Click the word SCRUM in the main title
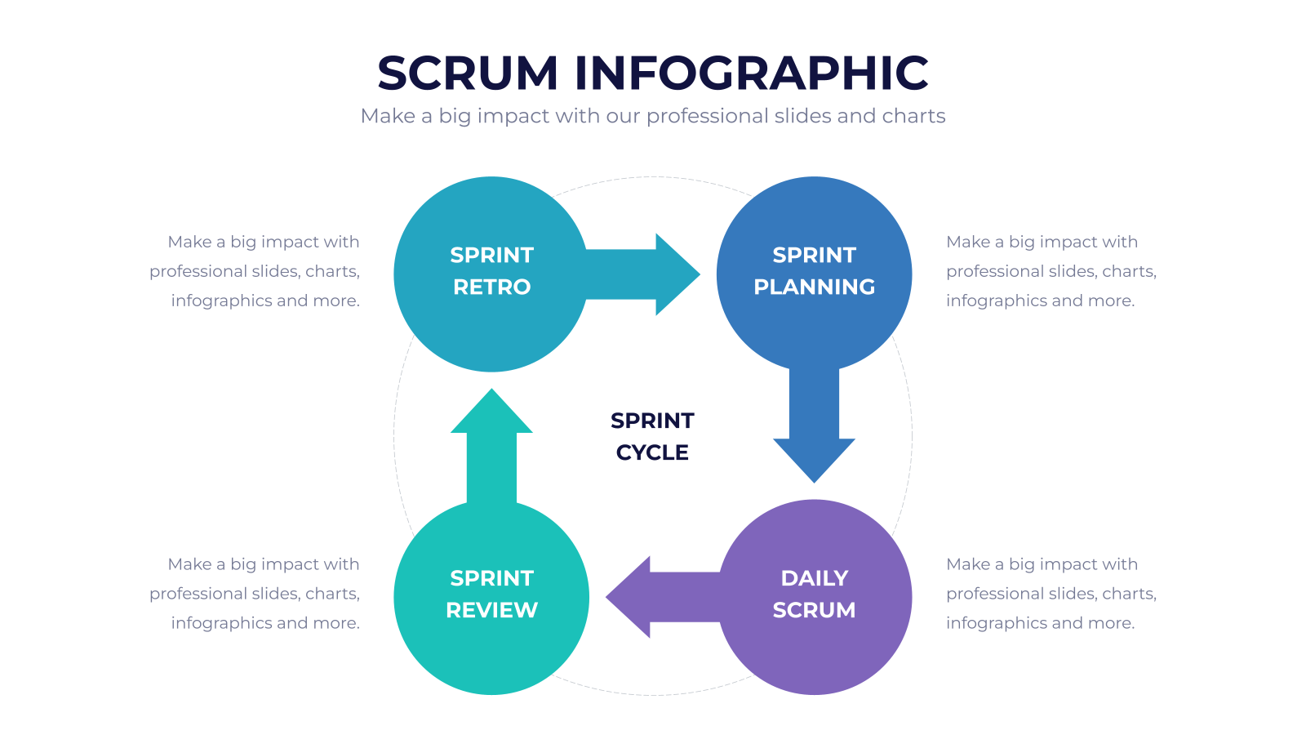coord(468,73)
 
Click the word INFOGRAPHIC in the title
coord(752,73)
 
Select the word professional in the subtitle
coord(707,117)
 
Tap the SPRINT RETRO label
coord(491,270)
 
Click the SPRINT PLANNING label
coord(814,270)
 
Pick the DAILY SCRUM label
coord(814,594)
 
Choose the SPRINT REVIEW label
coord(491,594)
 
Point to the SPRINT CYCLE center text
coord(652,436)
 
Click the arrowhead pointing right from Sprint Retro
coord(677,274)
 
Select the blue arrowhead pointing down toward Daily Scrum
coord(814,460)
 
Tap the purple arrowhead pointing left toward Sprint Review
coord(629,597)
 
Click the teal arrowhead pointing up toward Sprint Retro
coord(491,412)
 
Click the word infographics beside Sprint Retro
coord(221,301)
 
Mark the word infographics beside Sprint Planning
coord(997,301)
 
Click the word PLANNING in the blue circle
coord(814,287)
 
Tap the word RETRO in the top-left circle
coord(491,287)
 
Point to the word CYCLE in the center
coord(652,452)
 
